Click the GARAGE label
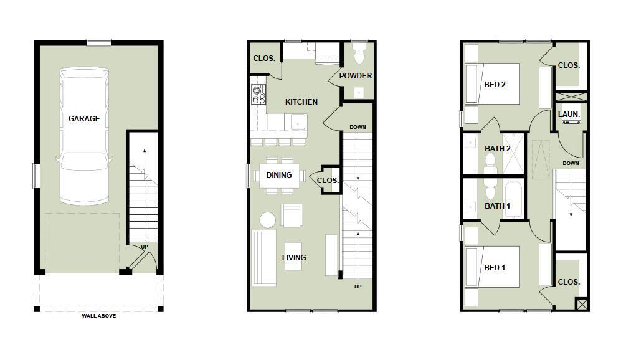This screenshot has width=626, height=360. click(x=84, y=118)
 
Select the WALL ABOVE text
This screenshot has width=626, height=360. click(x=98, y=316)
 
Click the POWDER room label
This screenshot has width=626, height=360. click(x=356, y=76)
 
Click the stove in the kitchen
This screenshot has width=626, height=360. click(x=258, y=95)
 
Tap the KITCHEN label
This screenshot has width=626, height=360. click(x=301, y=102)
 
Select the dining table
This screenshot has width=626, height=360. click(x=278, y=175)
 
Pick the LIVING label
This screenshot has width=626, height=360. click(x=293, y=257)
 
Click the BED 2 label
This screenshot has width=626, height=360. click(x=495, y=84)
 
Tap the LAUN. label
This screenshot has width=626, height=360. click(x=569, y=115)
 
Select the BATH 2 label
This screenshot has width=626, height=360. click(x=498, y=148)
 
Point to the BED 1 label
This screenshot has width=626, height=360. click(x=495, y=267)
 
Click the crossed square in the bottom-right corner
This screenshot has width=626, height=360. click(x=582, y=305)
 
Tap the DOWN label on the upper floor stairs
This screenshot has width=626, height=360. click(x=571, y=163)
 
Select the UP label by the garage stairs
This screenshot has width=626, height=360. click(x=144, y=247)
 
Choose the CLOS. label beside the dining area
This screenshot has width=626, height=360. click(x=328, y=181)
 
